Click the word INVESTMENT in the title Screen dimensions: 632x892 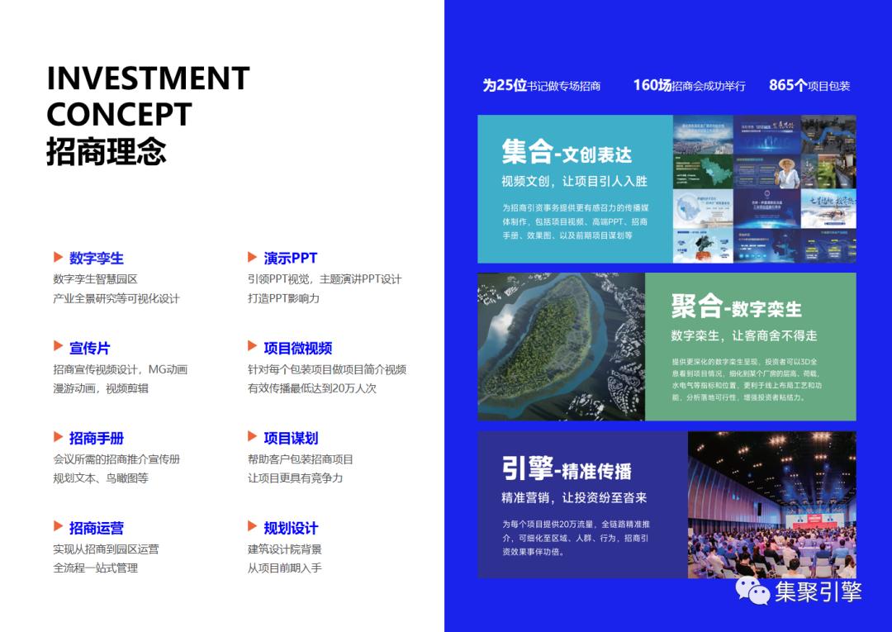click(148, 78)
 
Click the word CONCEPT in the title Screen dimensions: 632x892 click(119, 114)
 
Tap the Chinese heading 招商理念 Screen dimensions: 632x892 click(107, 151)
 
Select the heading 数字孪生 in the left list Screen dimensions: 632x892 click(97, 259)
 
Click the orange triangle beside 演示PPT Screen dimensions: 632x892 click(253, 258)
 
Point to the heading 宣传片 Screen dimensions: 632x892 click(89, 349)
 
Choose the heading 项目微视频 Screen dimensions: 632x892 click(297, 349)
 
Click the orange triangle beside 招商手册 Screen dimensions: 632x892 click(59, 437)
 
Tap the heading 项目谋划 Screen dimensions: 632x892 click(291, 439)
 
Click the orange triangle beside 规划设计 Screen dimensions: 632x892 click(253, 527)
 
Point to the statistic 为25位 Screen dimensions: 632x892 click(505, 85)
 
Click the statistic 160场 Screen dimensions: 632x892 click(652, 85)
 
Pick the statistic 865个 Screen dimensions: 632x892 click(787, 85)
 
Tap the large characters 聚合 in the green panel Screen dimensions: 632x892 click(696, 306)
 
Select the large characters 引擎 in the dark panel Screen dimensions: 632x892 click(527, 468)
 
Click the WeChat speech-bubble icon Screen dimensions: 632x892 click(752, 590)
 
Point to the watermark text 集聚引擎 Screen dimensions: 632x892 click(818, 592)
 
